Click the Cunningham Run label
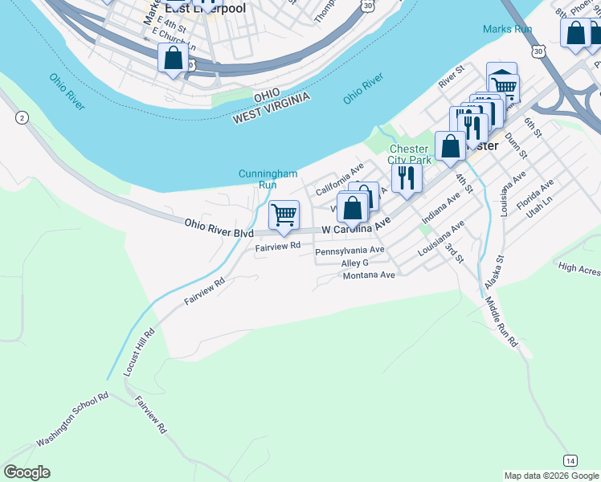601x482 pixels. click(x=268, y=178)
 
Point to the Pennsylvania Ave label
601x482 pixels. click(x=350, y=251)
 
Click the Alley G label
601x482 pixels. click(x=354, y=263)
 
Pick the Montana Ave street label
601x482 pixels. click(x=369, y=275)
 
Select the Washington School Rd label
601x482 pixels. click(x=72, y=419)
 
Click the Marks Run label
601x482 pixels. click(x=508, y=29)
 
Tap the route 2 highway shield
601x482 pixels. click(x=22, y=118)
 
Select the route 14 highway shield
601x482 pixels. click(x=570, y=460)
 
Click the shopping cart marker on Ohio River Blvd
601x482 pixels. click(x=284, y=215)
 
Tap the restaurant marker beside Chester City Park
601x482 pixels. click(x=407, y=178)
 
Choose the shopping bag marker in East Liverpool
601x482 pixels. click(x=173, y=59)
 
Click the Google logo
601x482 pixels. click(x=27, y=472)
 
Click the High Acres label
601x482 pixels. click(x=579, y=269)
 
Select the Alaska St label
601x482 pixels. click(x=493, y=273)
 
